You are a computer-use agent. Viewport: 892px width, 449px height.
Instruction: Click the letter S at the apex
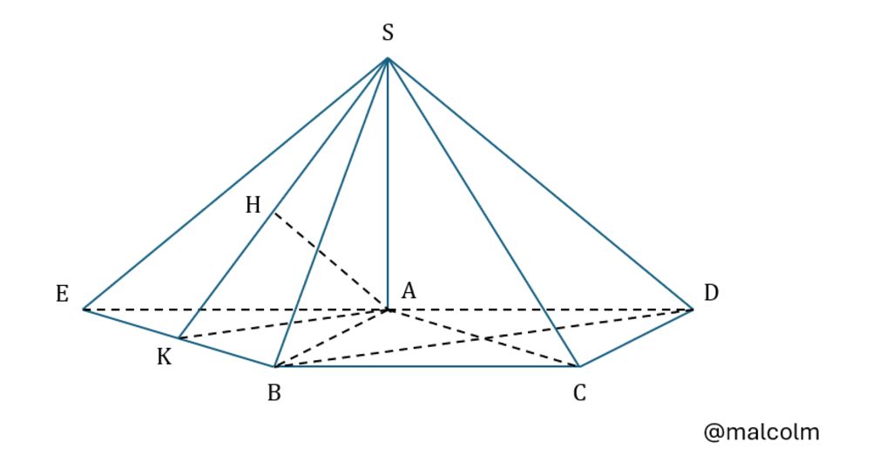click(x=388, y=33)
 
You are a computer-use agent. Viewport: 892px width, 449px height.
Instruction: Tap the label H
click(x=253, y=205)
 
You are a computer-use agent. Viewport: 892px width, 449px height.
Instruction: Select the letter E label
click(x=62, y=294)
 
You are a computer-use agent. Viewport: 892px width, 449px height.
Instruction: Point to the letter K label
click(x=164, y=357)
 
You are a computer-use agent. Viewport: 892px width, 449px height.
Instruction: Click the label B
click(x=274, y=393)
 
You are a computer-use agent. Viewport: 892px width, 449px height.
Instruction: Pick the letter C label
click(x=579, y=393)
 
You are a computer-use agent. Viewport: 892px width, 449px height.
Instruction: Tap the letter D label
click(x=711, y=293)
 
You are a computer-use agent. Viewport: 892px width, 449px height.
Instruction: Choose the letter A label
click(x=408, y=293)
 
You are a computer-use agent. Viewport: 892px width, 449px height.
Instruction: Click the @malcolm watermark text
click(x=761, y=432)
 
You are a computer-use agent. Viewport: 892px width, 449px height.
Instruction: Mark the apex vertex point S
click(x=387, y=58)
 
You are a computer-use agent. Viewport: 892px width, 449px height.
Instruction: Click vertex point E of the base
click(x=83, y=309)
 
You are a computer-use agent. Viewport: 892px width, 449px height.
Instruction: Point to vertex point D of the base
click(x=693, y=309)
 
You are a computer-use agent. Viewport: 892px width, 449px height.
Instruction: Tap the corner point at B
click(x=274, y=366)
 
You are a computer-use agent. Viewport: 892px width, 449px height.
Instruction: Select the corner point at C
click(x=578, y=366)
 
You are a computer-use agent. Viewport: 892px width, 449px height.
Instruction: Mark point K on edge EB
click(x=179, y=338)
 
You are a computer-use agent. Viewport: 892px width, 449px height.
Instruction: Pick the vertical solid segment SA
click(x=387, y=192)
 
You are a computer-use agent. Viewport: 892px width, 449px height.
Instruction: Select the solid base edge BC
click(x=427, y=366)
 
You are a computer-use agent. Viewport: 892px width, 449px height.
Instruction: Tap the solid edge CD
click(x=636, y=337)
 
